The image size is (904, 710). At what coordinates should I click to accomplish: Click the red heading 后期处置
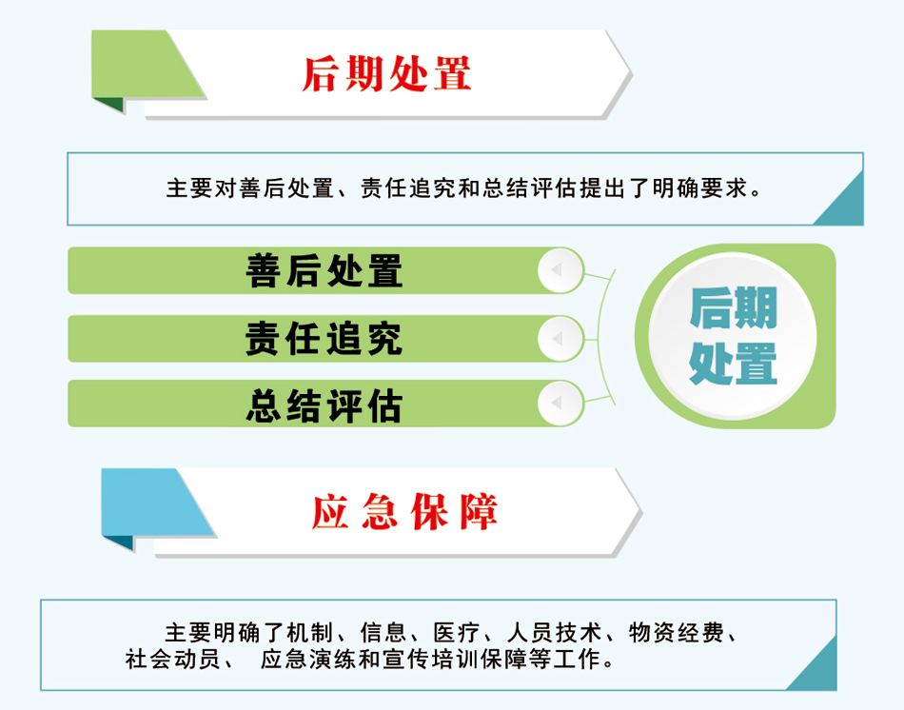386,74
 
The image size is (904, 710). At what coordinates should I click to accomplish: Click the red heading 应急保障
404,512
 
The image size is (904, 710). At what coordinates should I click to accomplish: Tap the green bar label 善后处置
324,270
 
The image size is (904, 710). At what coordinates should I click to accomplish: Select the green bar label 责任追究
324,339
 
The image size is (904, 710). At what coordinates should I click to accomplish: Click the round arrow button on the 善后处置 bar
560,270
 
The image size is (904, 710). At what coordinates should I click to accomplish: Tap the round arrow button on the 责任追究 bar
560,339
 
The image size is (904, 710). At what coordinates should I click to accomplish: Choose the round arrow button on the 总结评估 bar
560,403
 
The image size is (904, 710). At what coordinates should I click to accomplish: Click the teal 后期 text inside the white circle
734,307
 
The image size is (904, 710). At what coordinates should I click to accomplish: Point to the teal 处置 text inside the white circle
734,364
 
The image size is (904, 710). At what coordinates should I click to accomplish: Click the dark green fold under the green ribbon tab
109,105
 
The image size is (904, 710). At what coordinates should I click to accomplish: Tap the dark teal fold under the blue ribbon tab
119,542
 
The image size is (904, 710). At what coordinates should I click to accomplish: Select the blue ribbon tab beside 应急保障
157,503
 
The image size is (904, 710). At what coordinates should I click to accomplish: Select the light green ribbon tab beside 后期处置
147,64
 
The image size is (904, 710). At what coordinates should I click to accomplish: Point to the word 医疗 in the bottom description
457,633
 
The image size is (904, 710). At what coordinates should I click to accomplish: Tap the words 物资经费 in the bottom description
676,633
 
